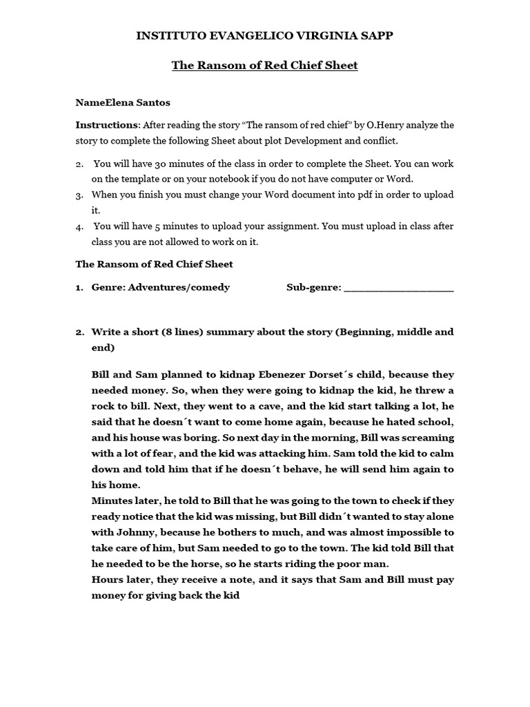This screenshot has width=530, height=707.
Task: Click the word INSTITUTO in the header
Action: pyautogui.click(x=170, y=36)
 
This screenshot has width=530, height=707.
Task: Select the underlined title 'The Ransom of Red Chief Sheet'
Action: pyautogui.click(x=264, y=66)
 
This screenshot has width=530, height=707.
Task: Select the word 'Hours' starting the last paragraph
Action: pyautogui.click(x=107, y=579)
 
